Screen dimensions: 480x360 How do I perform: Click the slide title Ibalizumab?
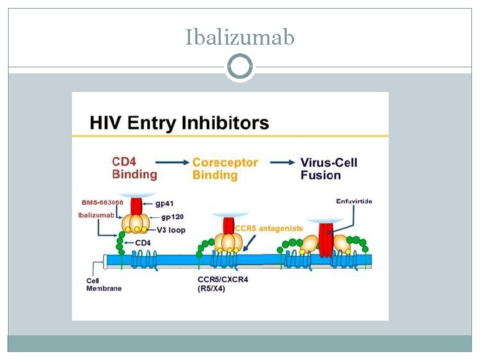tap(239, 37)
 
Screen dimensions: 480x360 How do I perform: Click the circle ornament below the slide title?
tap(239, 67)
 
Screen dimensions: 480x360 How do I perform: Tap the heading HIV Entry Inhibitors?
tap(179, 123)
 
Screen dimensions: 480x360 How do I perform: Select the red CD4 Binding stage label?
tap(134, 168)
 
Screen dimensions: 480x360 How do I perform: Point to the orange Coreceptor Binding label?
tap(225, 169)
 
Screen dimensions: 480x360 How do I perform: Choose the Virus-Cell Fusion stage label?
tap(329, 169)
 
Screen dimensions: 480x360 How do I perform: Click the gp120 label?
tap(172, 216)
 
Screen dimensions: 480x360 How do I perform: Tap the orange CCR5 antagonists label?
tap(269, 228)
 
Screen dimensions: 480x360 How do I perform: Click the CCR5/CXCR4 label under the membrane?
tap(223, 280)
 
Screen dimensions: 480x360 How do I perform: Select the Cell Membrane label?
tap(103, 285)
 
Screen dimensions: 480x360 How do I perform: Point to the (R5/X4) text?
tap(211, 289)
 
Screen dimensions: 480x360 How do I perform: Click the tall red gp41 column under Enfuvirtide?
tap(327, 240)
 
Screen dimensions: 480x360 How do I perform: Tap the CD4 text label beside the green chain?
tap(143, 243)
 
